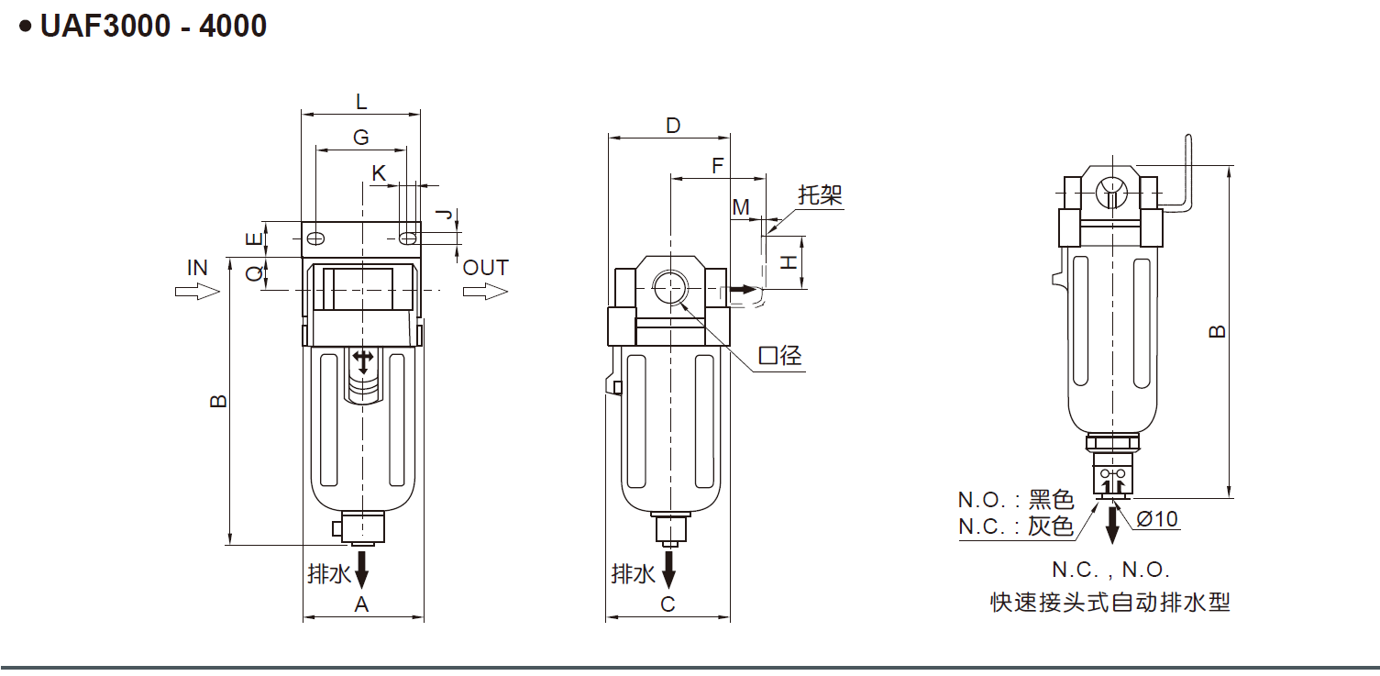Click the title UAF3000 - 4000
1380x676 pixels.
tap(153, 26)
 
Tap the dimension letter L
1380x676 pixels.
tap(361, 101)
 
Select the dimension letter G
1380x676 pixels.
tap(361, 137)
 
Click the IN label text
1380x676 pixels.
tap(197, 268)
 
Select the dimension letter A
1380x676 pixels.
tap(361, 604)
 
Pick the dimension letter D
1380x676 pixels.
tap(673, 126)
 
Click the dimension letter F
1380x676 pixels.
tap(718, 166)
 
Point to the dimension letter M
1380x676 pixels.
tap(741, 207)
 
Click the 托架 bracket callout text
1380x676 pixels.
tap(820, 194)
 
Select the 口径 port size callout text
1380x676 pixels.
tap(780, 356)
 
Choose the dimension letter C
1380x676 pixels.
tap(668, 604)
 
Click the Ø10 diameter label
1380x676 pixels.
tap(1156, 519)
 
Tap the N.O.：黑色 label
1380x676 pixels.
tap(1016, 500)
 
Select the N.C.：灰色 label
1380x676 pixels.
tap(1016, 526)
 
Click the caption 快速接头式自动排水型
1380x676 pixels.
tap(1110, 603)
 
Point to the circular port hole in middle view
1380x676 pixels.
tap(670, 288)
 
